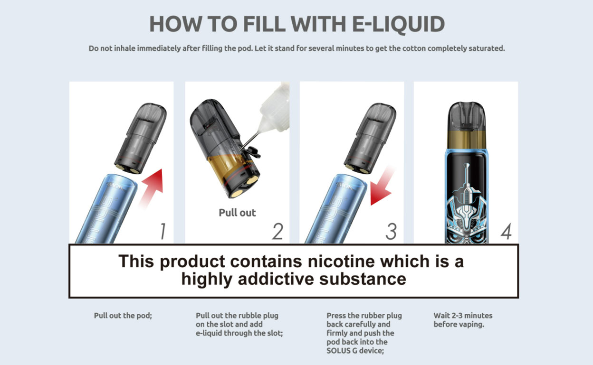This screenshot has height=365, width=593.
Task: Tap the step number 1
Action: tap(162, 231)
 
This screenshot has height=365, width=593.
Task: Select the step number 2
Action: tap(277, 231)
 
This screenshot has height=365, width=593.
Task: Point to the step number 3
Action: tap(391, 231)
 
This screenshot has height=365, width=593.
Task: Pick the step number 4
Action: tap(506, 231)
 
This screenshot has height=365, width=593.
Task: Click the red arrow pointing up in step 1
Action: tap(153, 186)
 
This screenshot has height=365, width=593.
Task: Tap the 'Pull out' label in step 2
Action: tap(237, 213)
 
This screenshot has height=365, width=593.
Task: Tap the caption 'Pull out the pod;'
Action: tap(123, 316)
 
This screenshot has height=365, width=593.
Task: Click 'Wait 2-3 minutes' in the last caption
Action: tap(463, 316)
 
